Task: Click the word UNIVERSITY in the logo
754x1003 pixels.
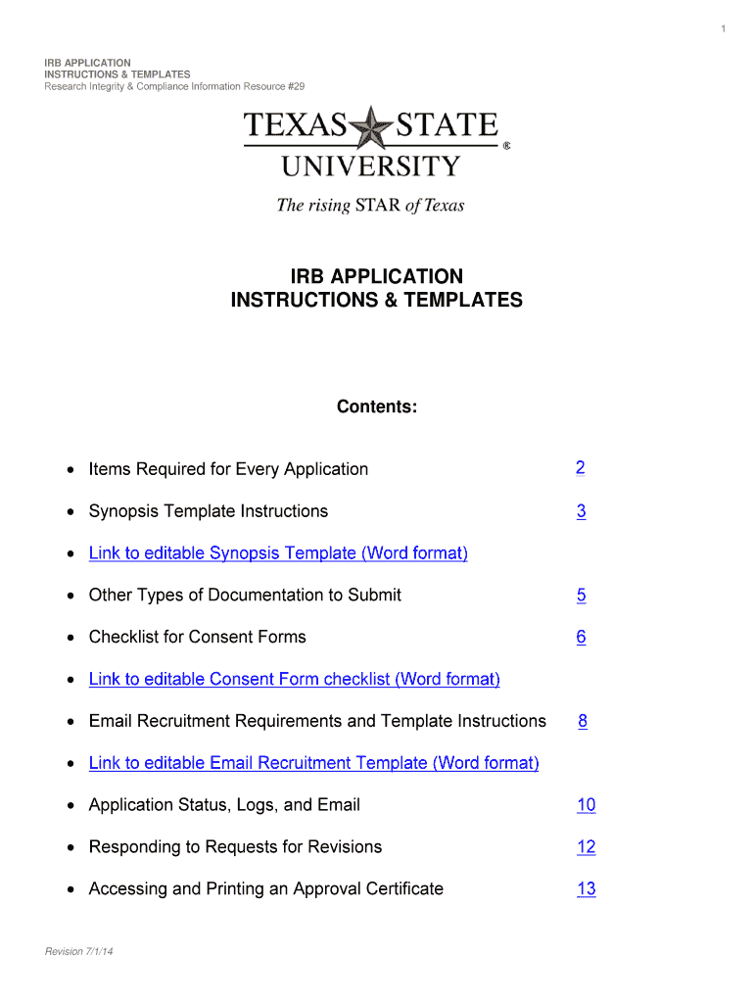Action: tap(370, 166)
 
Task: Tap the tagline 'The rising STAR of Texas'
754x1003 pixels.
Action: tap(370, 206)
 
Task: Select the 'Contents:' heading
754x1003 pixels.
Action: tap(377, 406)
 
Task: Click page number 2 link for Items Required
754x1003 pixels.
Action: tap(581, 468)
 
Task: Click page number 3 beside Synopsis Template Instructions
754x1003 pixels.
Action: tap(581, 511)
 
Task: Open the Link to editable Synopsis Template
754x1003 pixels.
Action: tap(278, 553)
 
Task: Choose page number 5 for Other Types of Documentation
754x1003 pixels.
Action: tap(581, 595)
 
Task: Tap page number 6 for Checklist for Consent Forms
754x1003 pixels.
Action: tap(581, 637)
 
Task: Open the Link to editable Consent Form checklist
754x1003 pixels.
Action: tap(294, 679)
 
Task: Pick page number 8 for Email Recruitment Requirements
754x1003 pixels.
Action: tap(583, 721)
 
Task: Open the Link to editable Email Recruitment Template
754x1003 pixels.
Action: tap(313, 763)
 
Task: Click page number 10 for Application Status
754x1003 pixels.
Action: tap(586, 805)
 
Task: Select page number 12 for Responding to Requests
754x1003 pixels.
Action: tap(586, 847)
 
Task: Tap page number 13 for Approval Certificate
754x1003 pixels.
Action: tap(586, 889)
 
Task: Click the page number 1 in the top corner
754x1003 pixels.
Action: tap(723, 29)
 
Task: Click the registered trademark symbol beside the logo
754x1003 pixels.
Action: tap(506, 145)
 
